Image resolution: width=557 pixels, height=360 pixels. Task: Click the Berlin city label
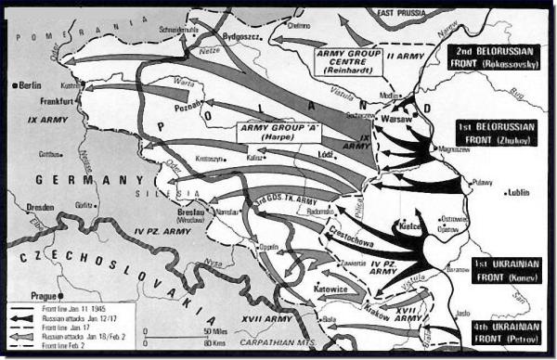click(x=30, y=85)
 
